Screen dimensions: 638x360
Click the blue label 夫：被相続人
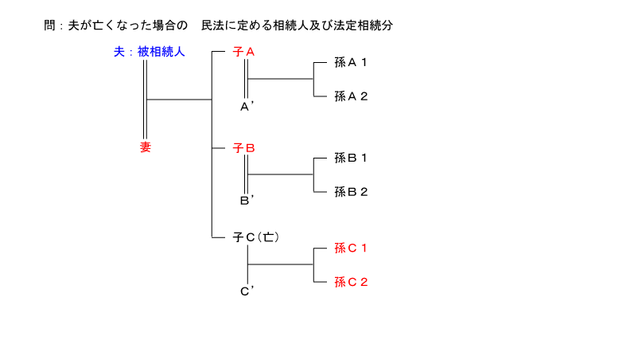click(x=150, y=52)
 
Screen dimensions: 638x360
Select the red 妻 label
click(x=146, y=147)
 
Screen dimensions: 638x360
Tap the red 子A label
click(x=243, y=52)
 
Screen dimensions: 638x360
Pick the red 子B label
click(x=243, y=148)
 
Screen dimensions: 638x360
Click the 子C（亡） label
click(x=256, y=237)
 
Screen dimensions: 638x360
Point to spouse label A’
click(x=247, y=107)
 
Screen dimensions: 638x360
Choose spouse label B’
click(x=247, y=201)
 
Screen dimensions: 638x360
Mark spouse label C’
click(x=247, y=292)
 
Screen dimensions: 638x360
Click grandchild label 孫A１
click(x=351, y=62)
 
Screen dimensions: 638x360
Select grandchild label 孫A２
click(x=351, y=96)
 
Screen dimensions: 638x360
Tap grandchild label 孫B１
click(x=351, y=158)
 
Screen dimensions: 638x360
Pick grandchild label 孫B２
click(x=351, y=191)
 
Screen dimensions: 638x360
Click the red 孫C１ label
click(x=351, y=248)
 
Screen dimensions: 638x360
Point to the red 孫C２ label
click(x=351, y=281)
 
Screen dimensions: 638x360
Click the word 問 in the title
click(x=49, y=25)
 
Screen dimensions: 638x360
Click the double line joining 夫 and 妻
click(x=145, y=100)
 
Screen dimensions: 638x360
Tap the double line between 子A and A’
click(x=246, y=79)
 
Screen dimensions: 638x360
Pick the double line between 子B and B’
click(x=246, y=174)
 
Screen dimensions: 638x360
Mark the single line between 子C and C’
click(x=247, y=264)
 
